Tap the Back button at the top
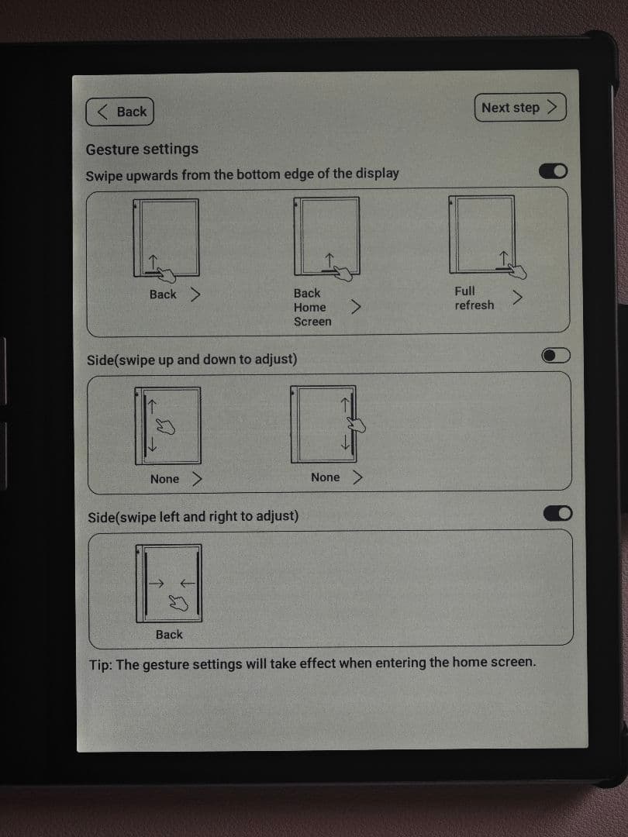119,112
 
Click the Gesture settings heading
142,149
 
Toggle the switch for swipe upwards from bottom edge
554,171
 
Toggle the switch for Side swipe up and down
556,356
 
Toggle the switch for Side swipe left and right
557,514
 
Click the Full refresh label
474,298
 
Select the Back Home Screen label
312,308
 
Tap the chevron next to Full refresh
517,298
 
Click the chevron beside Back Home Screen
356,306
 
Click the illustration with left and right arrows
169,584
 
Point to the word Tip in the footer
100,665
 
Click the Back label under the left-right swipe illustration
169,635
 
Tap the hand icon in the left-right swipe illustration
178,603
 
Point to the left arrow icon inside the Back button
102,112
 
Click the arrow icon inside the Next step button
553,107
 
